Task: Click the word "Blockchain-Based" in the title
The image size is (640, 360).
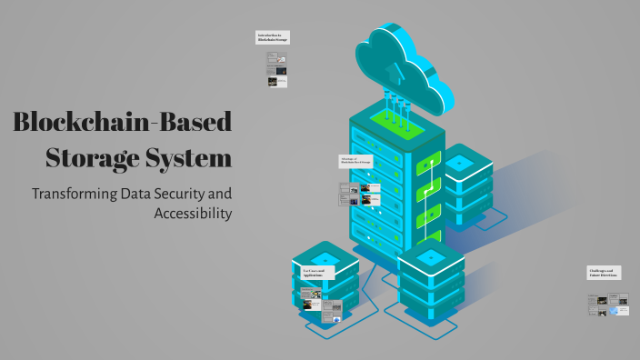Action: click(123, 123)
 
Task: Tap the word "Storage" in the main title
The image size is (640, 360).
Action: click(91, 158)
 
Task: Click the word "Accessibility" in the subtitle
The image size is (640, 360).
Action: click(193, 214)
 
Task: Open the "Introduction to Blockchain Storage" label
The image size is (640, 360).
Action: click(273, 37)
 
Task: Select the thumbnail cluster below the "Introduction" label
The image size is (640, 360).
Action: click(276, 68)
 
